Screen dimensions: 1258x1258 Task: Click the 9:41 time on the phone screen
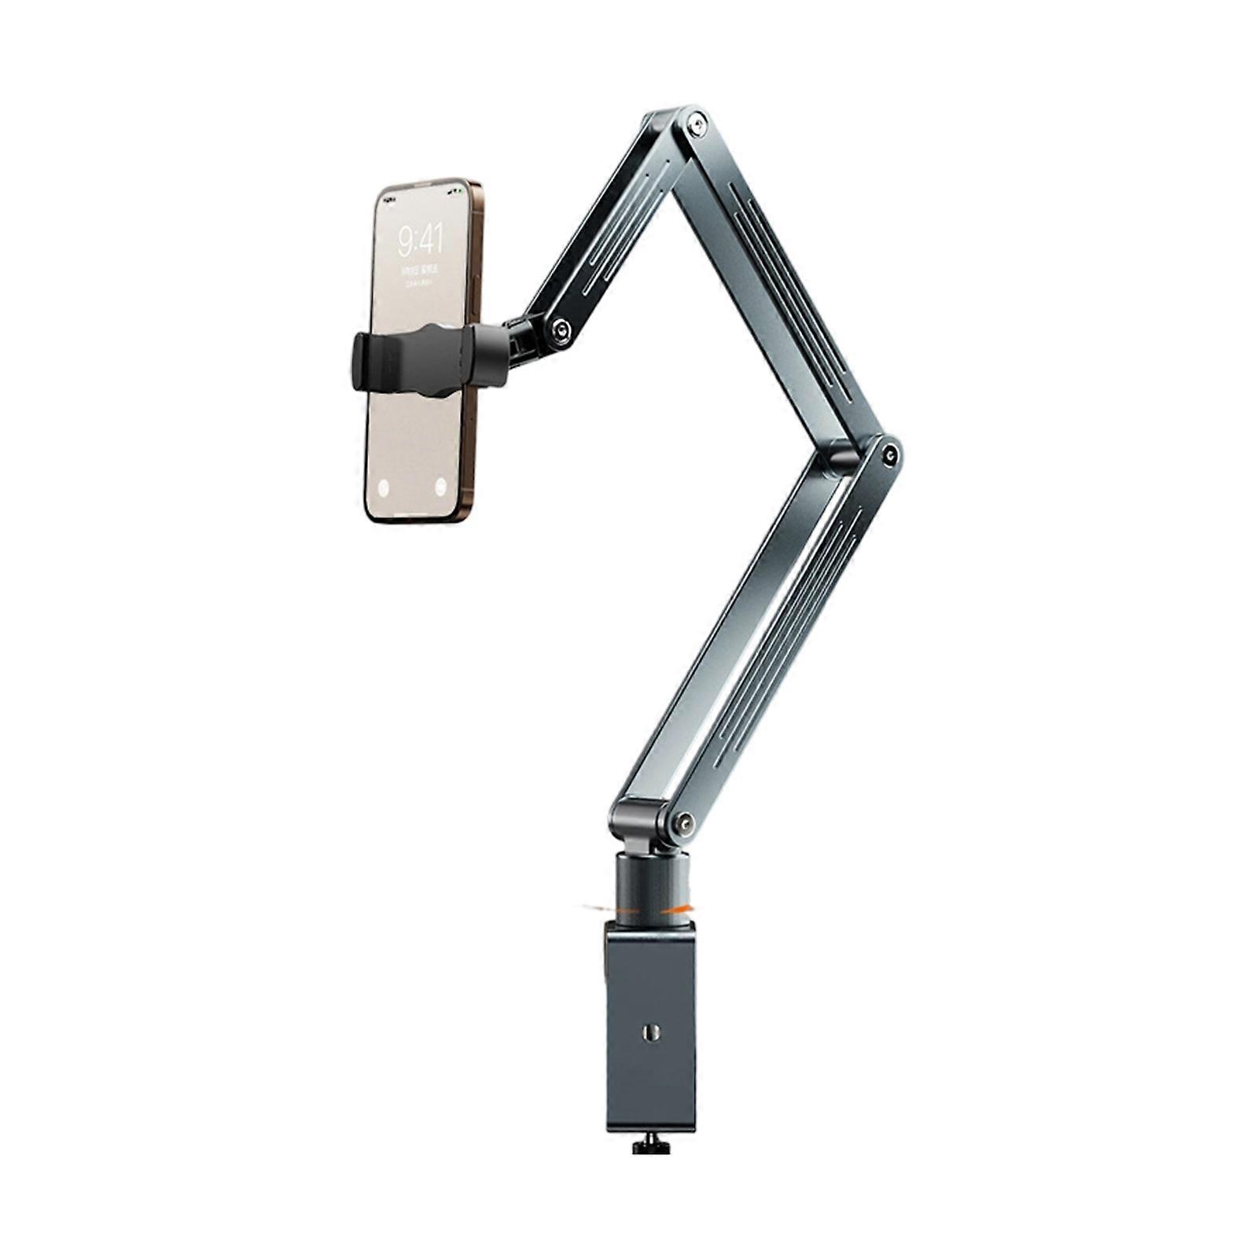[420, 238]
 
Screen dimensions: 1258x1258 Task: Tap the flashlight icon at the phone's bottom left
[384, 487]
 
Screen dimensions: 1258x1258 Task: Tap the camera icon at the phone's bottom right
[441, 486]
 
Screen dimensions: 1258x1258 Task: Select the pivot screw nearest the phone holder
[561, 330]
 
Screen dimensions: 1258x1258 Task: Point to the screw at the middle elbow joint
[890, 454]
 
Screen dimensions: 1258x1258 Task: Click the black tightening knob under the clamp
[651, 1145]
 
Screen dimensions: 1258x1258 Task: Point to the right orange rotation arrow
[678, 909]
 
